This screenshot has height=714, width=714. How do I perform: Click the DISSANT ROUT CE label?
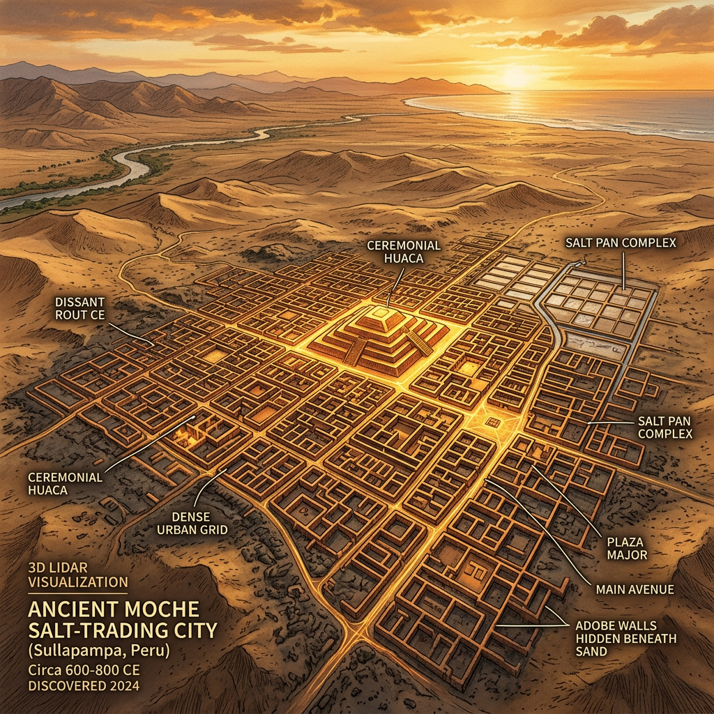point(81,308)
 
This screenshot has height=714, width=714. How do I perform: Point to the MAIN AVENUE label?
point(635,589)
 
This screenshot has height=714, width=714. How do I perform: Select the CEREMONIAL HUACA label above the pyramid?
point(404,252)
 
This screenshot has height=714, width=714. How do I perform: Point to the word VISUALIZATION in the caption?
point(77,582)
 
